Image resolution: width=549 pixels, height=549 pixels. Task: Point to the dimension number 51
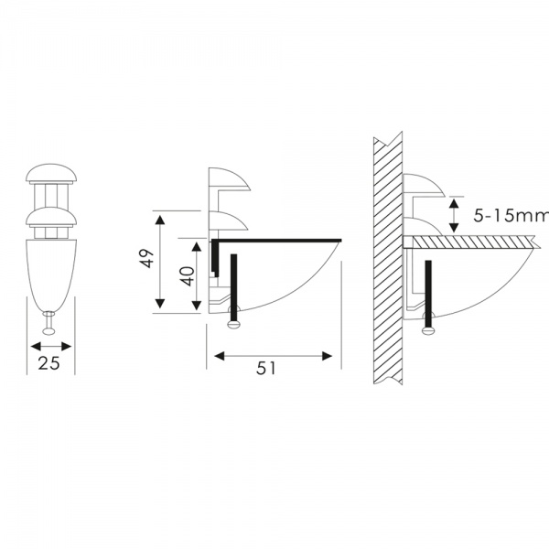[266, 368]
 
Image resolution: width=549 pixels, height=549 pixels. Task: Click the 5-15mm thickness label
[511, 216]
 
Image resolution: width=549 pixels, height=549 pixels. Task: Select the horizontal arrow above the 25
[51, 346]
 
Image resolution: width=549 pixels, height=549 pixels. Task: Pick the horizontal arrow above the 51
[272, 355]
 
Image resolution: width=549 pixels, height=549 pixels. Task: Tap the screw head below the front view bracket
[48, 327]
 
